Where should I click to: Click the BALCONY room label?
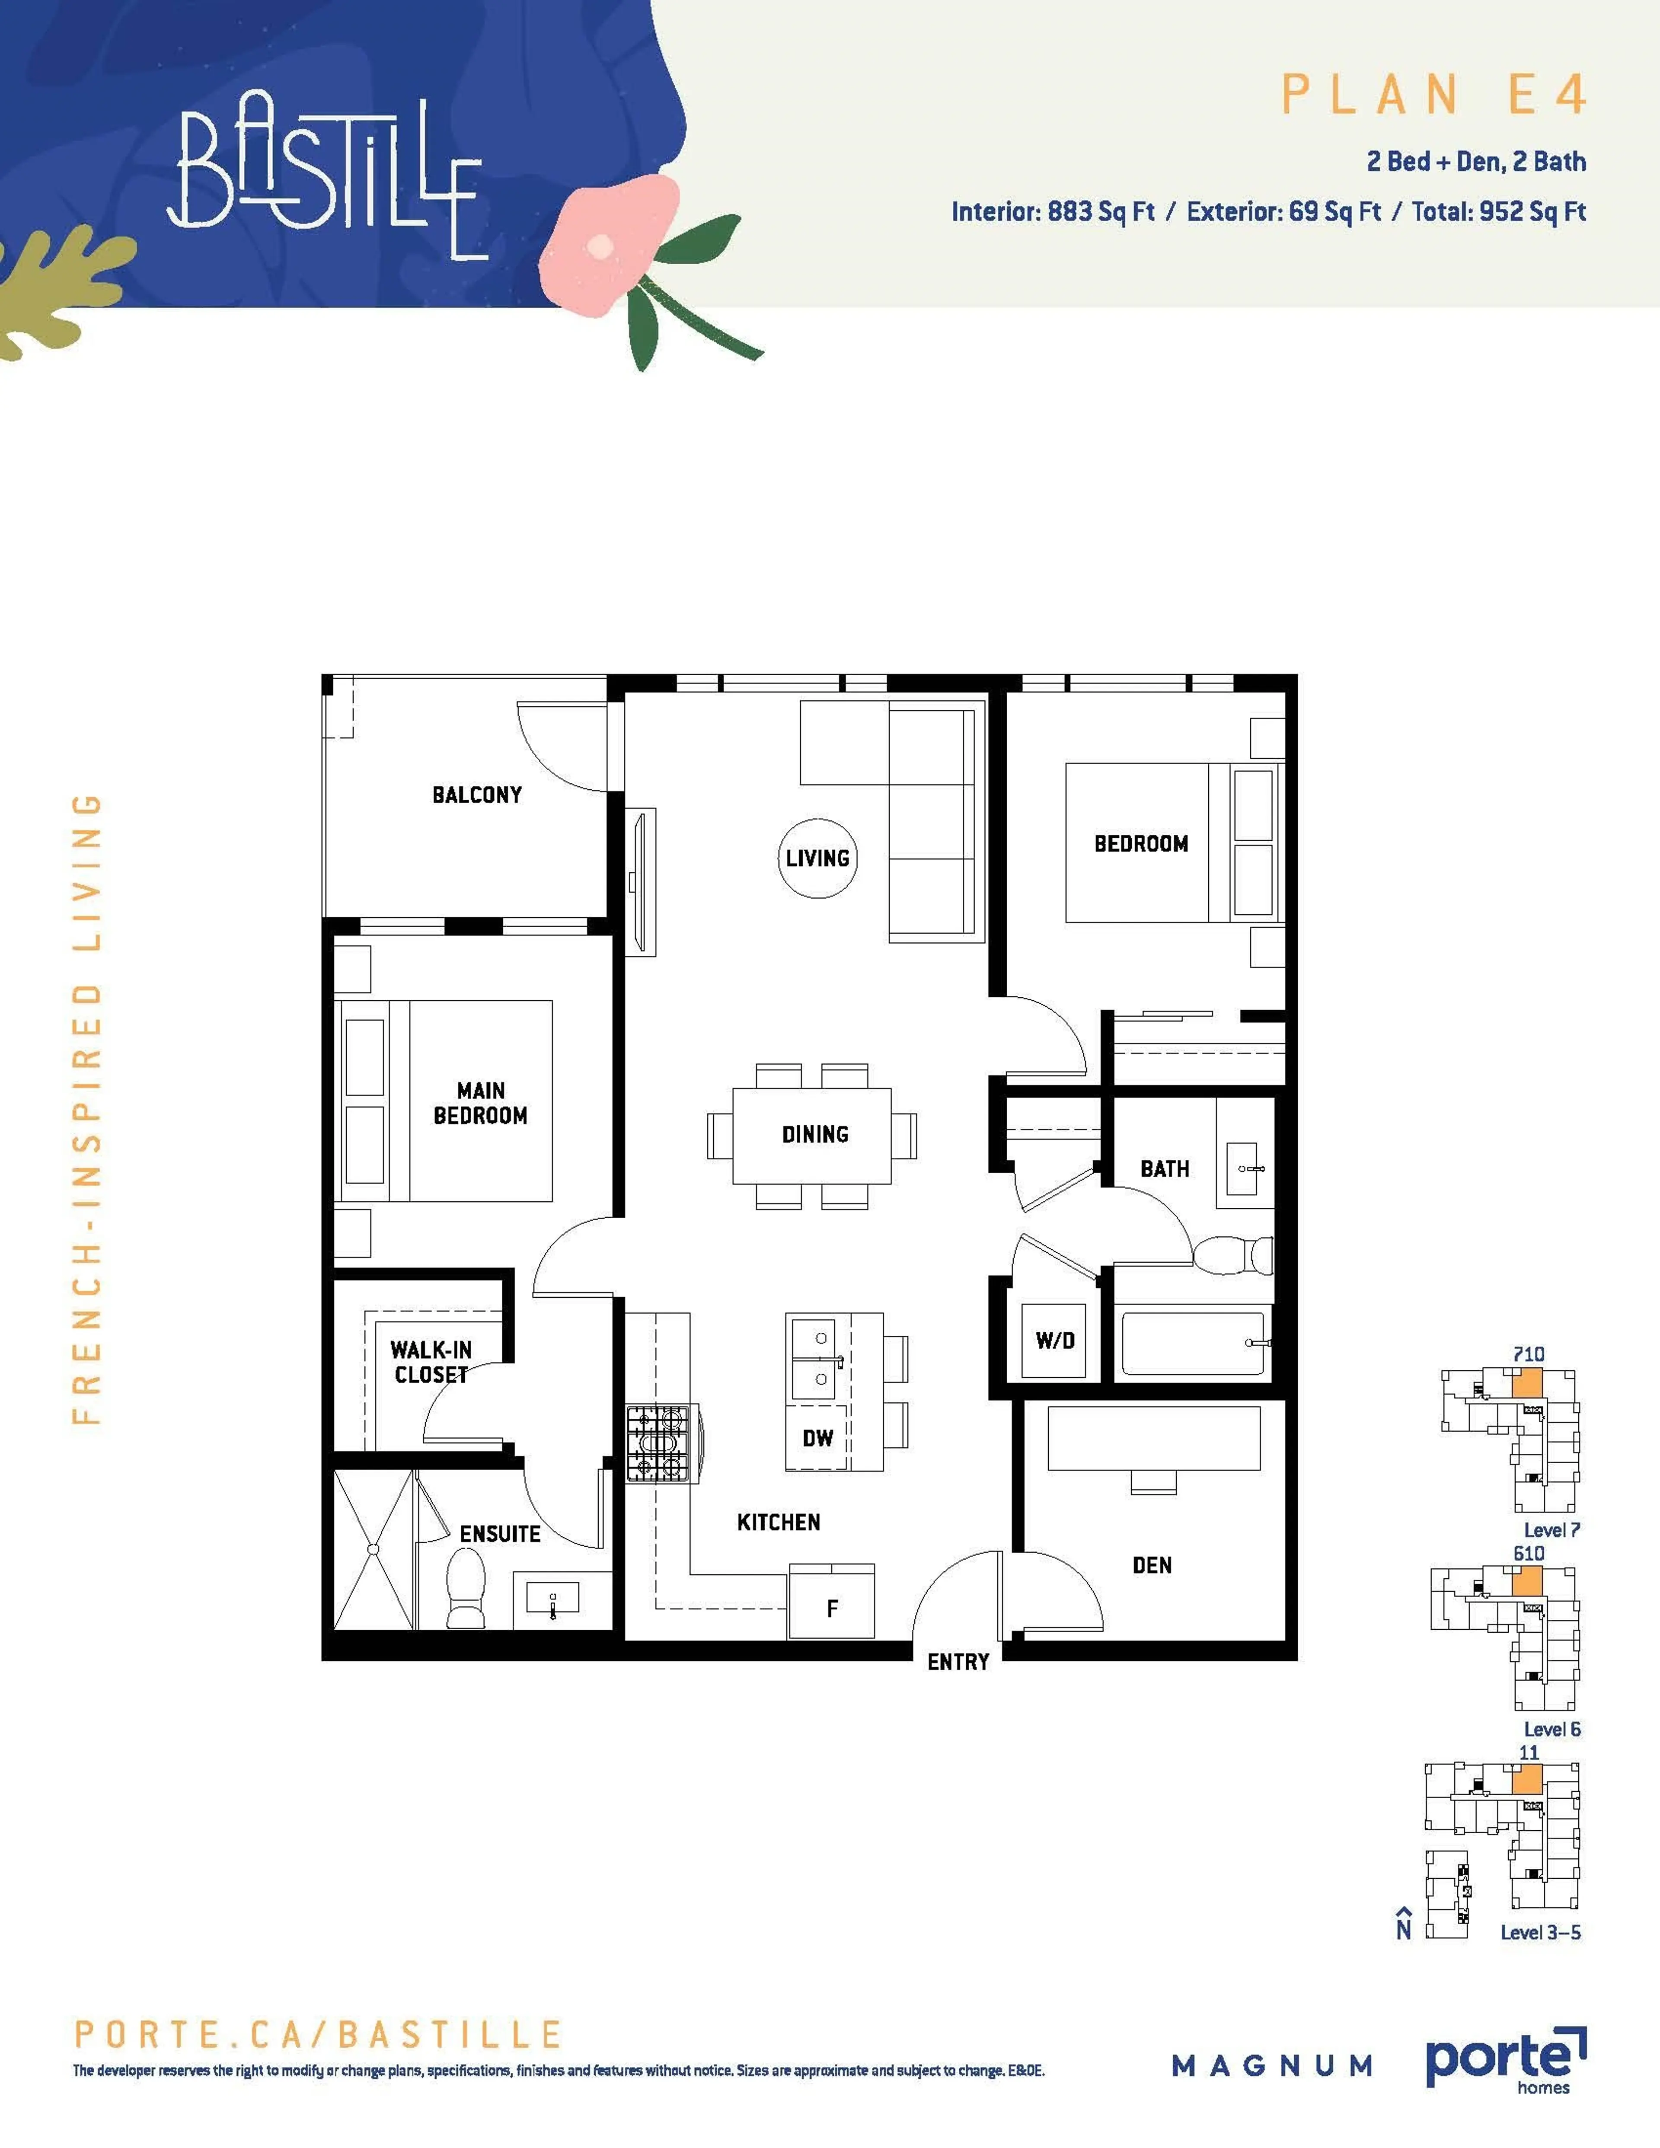(477, 795)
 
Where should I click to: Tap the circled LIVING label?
(817, 859)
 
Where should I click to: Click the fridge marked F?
(832, 1608)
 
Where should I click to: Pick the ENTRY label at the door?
(958, 1662)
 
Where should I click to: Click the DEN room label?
(1152, 1565)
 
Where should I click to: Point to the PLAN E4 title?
(1434, 96)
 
